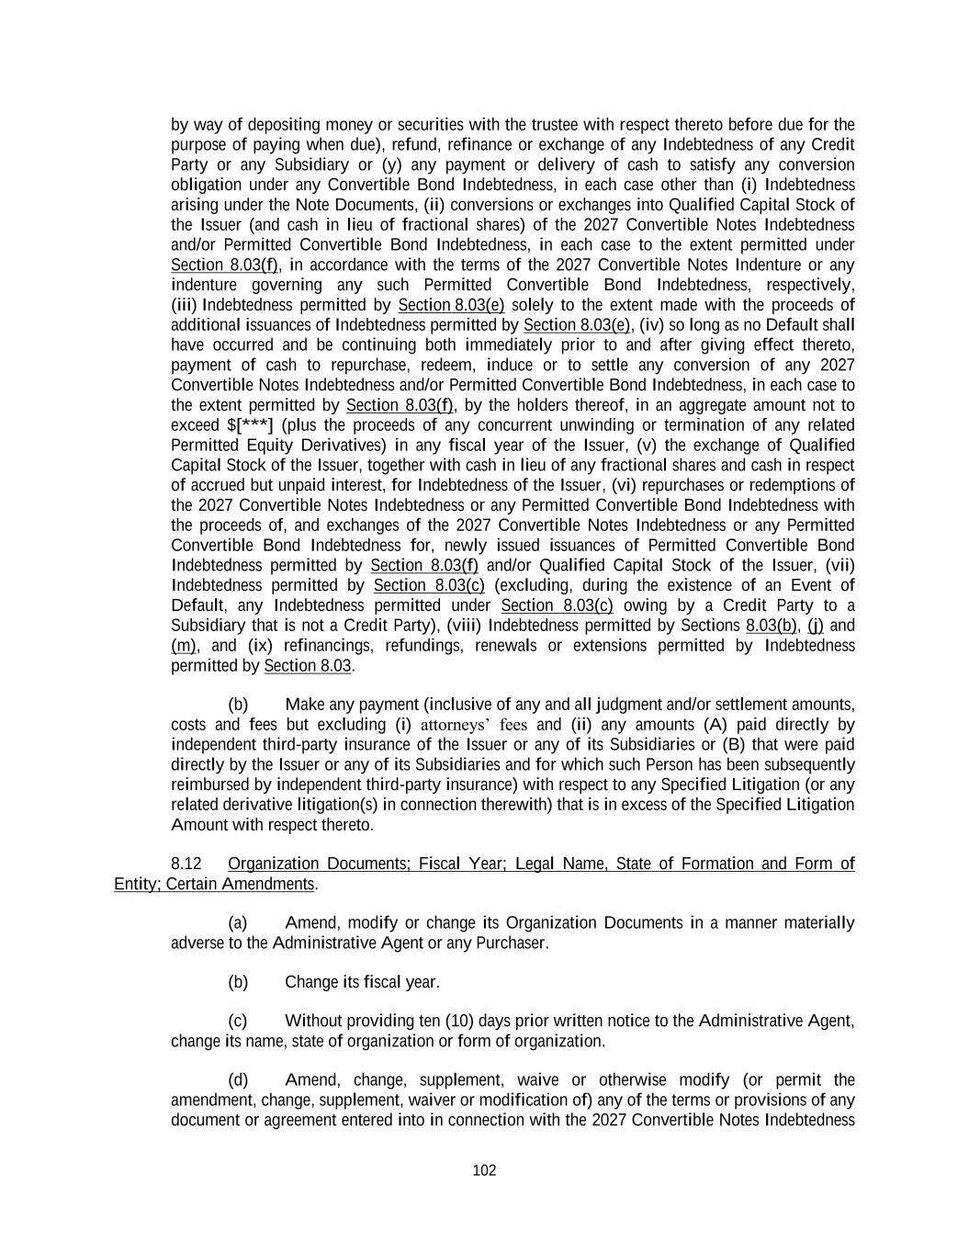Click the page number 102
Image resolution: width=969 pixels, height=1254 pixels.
(484, 1170)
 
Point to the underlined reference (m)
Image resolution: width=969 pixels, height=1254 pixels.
(184, 646)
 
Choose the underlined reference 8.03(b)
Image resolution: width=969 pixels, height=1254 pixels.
(772, 626)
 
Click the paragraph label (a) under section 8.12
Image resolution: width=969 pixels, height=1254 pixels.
(238, 922)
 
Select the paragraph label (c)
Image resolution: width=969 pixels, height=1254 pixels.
(238, 1021)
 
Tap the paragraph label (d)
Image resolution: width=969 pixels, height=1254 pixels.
(238, 1080)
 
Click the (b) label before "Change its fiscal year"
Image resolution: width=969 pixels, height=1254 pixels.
(238, 982)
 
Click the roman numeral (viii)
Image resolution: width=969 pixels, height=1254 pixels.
(464, 626)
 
